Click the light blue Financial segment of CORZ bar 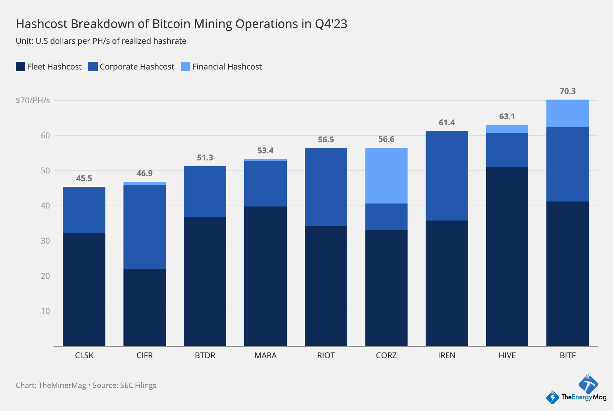pyautogui.click(x=386, y=175)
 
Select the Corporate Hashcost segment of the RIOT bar pyautogui.click(x=326, y=187)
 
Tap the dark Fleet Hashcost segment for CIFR pyautogui.click(x=145, y=307)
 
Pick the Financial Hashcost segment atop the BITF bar pyautogui.click(x=567, y=113)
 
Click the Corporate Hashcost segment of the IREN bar pyautogui.click(x=447, y=176)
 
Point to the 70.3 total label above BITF pyautogui.click(x=567, y=91)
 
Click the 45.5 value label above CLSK pyautogui.click(x=84, y=178)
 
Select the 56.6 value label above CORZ pyautogui.click(x=386, y=139)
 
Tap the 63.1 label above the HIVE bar pyautogui.click(x=507, y=117)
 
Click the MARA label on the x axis pyautogui.click(x=265, y=355)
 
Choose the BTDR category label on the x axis pyautogui.click(x=205, y=355)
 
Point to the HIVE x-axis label pyautogui.click(x=507, y=355)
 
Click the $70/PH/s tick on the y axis pyautogui.click(x=33, y=101)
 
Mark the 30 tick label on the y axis pyautogui.click(x=45, y=241)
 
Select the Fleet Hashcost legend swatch pyautogui.click(x=20, y=66)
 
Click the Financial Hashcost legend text pyautogui.click(x=227, y=67)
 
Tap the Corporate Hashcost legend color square pyautogui.click(x=93, y=66)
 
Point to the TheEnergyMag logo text pyautogui.click(x=584, y=397)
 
